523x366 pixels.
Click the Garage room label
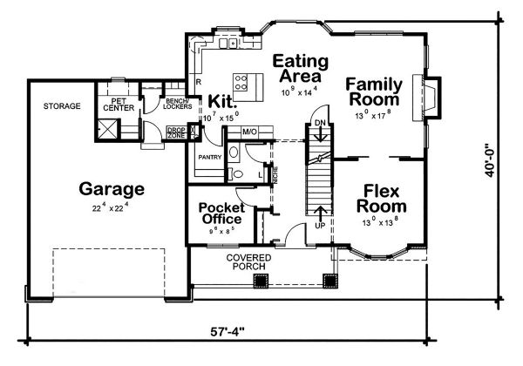(112, 188)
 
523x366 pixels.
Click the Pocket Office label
(221, 213)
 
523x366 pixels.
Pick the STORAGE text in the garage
(62, 106)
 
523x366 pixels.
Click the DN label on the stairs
(319, 123)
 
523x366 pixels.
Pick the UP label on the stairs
(319, 224)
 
